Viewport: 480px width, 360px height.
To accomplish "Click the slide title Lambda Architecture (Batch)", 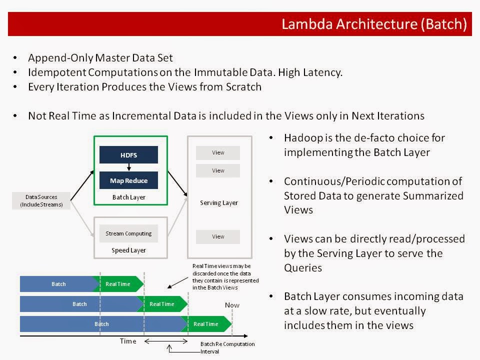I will pos(373,24).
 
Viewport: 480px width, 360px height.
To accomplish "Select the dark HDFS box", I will pos(128,155).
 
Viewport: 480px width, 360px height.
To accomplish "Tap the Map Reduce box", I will pos(128,180).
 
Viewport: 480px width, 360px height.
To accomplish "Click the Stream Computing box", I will pos(128,233).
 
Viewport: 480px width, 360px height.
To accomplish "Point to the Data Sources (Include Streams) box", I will pos(41,200).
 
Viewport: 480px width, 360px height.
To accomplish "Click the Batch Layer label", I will pos(128,197).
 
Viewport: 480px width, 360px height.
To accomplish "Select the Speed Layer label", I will pos(128,250).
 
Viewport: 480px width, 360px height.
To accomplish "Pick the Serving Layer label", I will pos(218,202).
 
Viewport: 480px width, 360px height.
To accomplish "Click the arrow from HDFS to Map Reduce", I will pos(128,168).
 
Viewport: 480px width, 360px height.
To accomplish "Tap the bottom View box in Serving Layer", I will pos(218,236).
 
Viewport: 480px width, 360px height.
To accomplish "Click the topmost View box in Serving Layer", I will pos(218,152).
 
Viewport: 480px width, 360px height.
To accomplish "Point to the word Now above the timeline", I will pos(232,305).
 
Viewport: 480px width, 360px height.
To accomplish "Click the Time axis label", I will pos(128,341).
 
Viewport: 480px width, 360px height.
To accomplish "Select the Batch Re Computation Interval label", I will pos(227,347).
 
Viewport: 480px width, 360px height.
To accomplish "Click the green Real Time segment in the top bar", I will pos(118,284).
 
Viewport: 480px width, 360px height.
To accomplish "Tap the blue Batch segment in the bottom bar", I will pos(101,324).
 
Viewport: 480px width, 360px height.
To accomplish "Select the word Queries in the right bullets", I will pos(303,268).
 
